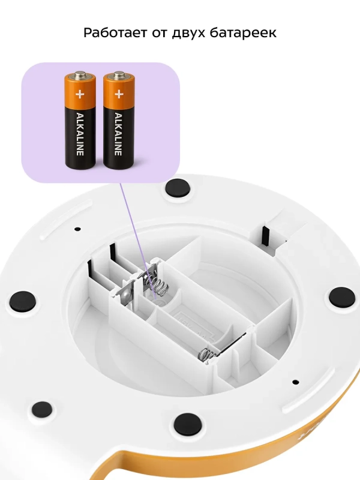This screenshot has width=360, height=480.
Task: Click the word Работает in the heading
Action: tap(115, 32)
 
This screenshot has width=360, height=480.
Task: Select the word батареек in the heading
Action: tap(243, 32)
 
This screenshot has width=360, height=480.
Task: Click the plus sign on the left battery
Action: tap(80, 94)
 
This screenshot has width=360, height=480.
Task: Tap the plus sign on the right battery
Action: tap(119, 94)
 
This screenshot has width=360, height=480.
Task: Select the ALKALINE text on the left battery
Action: tap(80, 134)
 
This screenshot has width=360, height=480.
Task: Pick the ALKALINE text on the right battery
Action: tap(118, 134)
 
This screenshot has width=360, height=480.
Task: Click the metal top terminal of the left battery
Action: tap(80, 74)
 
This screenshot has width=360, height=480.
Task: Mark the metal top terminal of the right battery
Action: tap(119, 74)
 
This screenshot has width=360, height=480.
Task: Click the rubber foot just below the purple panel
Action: tap(178, 188)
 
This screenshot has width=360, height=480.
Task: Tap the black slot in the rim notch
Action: tap(265, 236)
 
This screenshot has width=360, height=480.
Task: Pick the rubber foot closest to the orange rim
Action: tap(188, 424)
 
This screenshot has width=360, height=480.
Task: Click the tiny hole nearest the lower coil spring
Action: tap(295, 382)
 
